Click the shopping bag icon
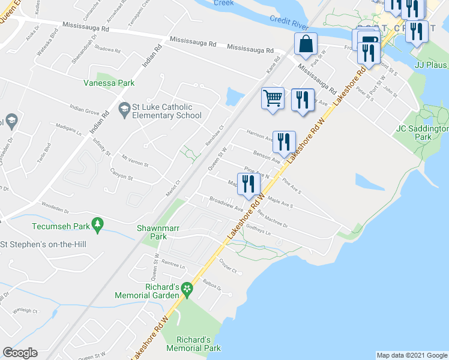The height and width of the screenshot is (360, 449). pyautogui.click(x=306, y=44)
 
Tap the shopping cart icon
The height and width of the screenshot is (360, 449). pyautogui.click(x=273, y=98)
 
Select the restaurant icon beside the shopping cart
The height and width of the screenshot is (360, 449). pyautogui.click(x=303, y=98)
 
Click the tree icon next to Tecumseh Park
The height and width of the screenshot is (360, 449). pyautogui.click(x=98, y=226)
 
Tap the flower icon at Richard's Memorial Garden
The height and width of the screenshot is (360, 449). pyautogui.click(x=187, y=289)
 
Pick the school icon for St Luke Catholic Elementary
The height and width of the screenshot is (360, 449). pyautogui.click(x=124, y=108)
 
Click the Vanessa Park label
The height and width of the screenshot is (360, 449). pyautogui.click(x=109, y=83)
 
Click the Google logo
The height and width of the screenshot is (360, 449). pyautogui.click(x=20, y=353)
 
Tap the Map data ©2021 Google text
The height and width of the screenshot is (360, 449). pyautogui.click(x=412, y=355)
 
